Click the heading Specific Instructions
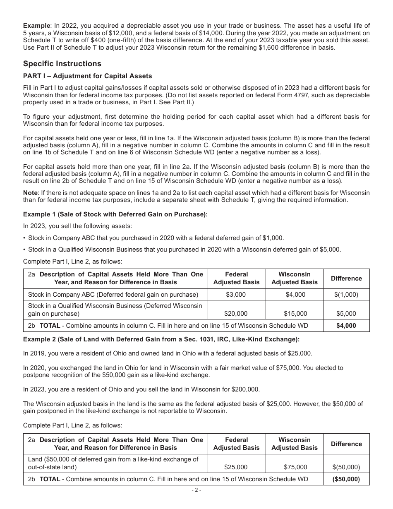click(62, 64)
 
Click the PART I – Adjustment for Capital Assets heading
click(87, 76)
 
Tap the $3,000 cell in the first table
click(236, 295)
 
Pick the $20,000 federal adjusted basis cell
click(236, 314)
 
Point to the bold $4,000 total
click(346, 326)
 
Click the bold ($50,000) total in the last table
click(346, 479)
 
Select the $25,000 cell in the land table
click(236, 467)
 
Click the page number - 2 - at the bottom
click(196, 490)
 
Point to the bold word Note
click(30, 193)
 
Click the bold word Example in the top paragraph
click(36, 26)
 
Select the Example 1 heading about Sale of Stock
click(115, 214)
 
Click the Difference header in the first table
click(346, 279)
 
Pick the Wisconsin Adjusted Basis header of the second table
click(295, 444)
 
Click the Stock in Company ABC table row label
click(113, 295)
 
